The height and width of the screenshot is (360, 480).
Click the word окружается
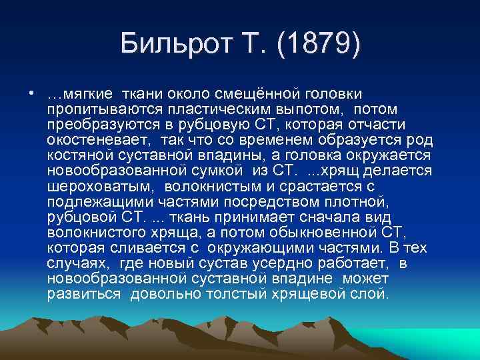(392, 155)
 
